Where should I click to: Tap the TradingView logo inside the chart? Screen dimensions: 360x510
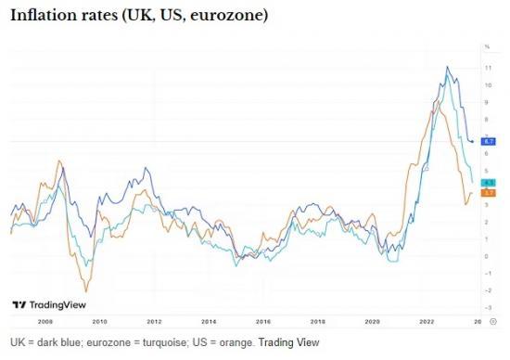45,303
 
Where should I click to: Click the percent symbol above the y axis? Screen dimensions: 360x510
487,46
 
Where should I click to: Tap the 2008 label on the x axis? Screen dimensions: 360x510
45,321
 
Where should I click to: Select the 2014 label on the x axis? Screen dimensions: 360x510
210,321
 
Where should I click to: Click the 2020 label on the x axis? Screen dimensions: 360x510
372,321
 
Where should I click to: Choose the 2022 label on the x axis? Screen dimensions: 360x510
427,321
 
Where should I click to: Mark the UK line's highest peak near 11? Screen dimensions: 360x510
448,68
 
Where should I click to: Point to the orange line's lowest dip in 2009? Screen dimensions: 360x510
87,290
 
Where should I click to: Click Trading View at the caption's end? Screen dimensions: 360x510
288,342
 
